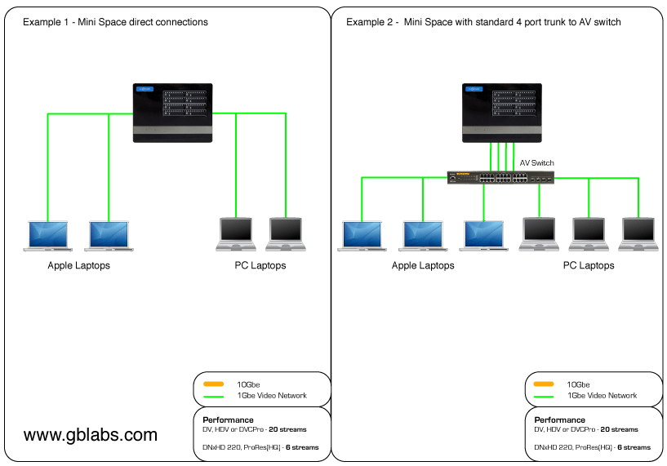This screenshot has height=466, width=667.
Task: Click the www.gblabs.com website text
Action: (x=91, y=435)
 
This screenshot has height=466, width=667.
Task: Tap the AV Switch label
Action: (x=536, y=163)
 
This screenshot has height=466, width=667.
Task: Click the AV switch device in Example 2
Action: (x=499, y=177)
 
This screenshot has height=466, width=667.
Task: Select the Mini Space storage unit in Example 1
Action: (x=172, y=113)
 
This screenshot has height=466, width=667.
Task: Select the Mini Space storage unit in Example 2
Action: (x=502, y=113)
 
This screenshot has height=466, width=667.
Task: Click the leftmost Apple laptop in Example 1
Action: (x=48, y=234)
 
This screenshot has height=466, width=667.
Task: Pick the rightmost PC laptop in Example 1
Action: (x=286, y=233)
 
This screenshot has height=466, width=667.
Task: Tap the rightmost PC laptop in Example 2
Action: (x=639, y=233)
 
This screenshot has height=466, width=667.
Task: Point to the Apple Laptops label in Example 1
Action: (x=78, y=265)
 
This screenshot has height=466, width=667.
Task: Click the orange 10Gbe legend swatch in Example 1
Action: (x=213, y=384)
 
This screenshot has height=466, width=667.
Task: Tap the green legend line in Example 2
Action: (x=544, y=397)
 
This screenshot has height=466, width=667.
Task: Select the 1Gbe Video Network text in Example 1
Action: (x=271, y=396)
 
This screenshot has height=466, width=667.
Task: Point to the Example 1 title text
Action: (x=115, y=22)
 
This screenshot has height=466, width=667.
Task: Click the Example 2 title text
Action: (x=483, y=22)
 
